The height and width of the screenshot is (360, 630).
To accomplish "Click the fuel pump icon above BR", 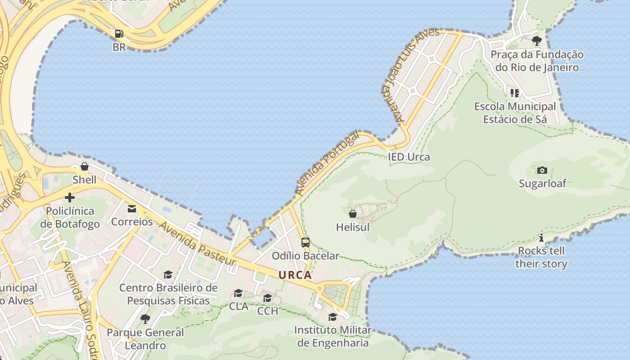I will (x=119, y=34).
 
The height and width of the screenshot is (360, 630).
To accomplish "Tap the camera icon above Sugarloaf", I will (x=542, y=170).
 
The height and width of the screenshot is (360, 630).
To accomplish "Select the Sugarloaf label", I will (x=542, y=183).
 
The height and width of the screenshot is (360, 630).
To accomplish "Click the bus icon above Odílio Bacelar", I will (x=306, y=243).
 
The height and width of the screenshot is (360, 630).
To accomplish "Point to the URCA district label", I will (x=295, y=275).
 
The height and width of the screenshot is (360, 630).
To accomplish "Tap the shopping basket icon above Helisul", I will (x=353, y=214).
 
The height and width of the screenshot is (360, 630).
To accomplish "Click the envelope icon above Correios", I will (x=132, y=209).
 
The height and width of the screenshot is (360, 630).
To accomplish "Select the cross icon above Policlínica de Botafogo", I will (x=70, y=197).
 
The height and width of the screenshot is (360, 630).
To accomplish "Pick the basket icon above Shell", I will (x=85, y=166).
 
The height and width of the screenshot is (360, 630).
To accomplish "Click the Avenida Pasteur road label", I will (x=198, y=243).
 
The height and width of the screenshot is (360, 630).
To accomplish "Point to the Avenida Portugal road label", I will (x=327, y=163).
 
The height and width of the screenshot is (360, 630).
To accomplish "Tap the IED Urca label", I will (x=409, y=157).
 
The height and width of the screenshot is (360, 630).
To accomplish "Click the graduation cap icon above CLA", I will (x=238, y=293).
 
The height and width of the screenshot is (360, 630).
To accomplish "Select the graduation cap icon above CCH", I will (x=268, y=298).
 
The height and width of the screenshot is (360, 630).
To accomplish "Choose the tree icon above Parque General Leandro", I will (x=145, y=319).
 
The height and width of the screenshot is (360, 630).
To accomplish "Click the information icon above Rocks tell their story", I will (x=541, y=238).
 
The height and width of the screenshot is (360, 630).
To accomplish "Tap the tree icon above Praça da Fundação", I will (x=536, y=41).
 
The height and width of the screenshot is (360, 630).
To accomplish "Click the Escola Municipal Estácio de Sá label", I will (x=515, y=113).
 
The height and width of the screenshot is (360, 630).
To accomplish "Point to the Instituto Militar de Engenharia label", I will (x=333, y=336).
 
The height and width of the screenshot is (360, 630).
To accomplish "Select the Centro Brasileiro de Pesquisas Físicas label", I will (x=168, y=294).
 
